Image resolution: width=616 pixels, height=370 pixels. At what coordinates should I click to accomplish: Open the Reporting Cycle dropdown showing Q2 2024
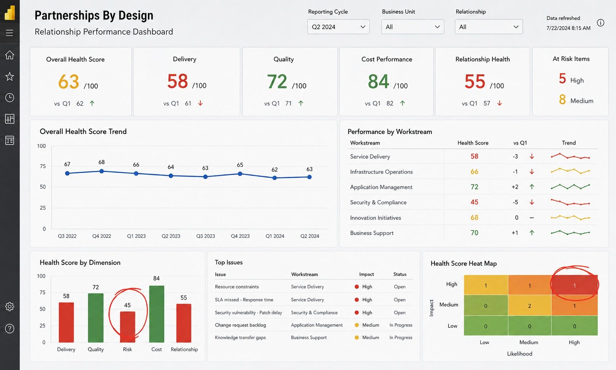coord(338,27)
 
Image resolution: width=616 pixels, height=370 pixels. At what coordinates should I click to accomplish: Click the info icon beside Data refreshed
coord(601,22)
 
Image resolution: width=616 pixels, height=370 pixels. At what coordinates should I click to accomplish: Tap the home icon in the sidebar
coord(10,55)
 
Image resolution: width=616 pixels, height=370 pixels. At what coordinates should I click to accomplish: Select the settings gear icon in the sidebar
coord(10,306)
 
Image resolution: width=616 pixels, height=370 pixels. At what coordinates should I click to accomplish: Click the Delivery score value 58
coord(177,81)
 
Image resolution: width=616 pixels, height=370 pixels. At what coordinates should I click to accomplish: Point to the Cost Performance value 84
coord(379,82)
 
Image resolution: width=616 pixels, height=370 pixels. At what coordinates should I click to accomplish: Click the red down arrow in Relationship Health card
coord(500,103)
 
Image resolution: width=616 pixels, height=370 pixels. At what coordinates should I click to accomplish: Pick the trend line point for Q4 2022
coord(102,171)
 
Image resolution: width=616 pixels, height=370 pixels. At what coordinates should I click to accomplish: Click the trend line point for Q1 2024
coord(274,178)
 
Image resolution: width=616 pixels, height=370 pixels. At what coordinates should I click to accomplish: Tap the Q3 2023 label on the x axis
coord(205,236)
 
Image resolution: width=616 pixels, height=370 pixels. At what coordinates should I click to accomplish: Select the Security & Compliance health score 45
coord(474,202)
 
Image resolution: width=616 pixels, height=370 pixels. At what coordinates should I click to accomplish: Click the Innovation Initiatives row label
coord(376,218)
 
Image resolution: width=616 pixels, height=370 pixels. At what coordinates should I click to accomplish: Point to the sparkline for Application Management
coord(570,186)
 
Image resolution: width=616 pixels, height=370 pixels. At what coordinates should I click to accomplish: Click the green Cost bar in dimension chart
coord(156,314)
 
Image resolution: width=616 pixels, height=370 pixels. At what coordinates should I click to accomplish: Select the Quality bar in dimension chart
coord(96,318)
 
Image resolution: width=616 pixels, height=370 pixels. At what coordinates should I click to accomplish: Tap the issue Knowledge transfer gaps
coord(240,338)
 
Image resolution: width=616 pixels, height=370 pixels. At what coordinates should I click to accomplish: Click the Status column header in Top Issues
coord(400,274)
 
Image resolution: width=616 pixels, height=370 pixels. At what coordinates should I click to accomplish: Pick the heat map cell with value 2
coord(530,305)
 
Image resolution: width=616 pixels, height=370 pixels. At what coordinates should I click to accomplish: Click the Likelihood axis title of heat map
coord(519,354)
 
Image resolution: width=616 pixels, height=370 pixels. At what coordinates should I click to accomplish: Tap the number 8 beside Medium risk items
coord(562,100)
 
